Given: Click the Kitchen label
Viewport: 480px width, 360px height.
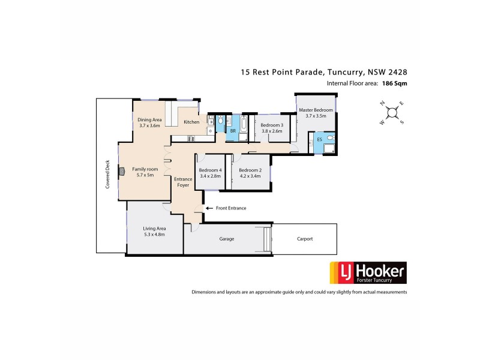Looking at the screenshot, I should tap(191, 122).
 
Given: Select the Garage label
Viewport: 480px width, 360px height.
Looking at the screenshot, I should tap(226, 239).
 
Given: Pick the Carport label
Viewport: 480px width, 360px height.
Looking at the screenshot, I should tap(305, 239).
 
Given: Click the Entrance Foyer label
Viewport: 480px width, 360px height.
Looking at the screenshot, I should tap(182, 182).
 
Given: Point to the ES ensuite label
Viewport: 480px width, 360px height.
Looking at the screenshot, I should tap(319, 140).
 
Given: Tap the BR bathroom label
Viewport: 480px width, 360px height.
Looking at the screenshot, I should tap(233, 130).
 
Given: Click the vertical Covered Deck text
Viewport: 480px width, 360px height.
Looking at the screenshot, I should tap(108, 174).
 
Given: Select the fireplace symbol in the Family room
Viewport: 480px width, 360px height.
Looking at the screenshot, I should tap(121, 170).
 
